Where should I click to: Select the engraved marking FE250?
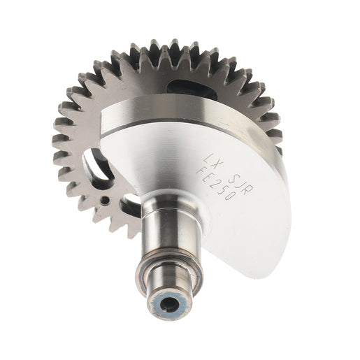pos(215,183)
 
